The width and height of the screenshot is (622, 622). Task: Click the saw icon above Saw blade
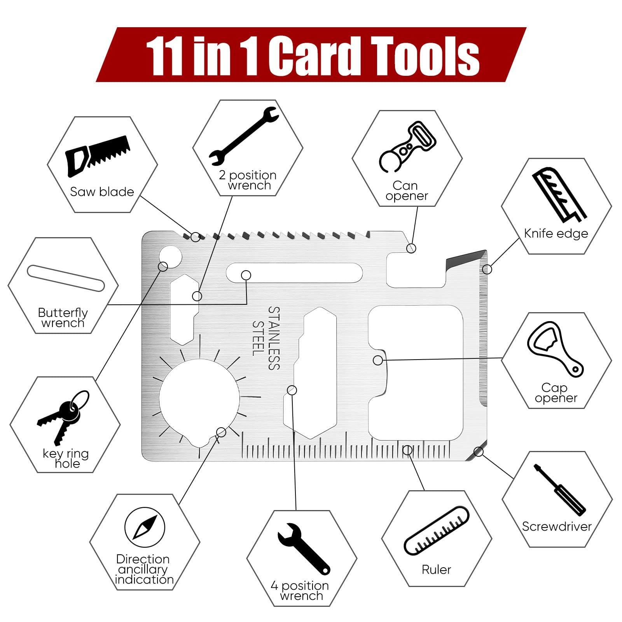tap(98, 155)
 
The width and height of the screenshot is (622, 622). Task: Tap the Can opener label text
tap(407, 190)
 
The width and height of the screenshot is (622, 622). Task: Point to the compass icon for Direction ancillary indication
tap(145, 527)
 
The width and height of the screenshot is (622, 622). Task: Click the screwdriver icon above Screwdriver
tap(559, 490)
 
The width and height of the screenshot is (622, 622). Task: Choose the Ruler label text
tap(436, 570)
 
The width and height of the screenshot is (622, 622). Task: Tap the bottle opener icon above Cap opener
tap(555, 349)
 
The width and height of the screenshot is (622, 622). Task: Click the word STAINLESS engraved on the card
tap(274, 338)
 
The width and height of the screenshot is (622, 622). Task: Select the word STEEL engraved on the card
tap(258, 338)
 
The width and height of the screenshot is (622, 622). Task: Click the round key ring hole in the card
tap(171, 257)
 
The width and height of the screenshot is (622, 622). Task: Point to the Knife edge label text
tap(556, 233)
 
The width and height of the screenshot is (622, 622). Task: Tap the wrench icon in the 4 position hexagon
tap(304, 549)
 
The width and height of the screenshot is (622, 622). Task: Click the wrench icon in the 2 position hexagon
tap(244, 136)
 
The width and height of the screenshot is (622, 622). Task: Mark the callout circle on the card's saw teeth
tap(196, 236)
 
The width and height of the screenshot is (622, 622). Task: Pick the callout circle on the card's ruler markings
tap(407, 450)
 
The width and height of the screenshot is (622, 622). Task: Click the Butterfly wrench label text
tap(63, 318)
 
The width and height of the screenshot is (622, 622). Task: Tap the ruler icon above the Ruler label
tap(437, 530)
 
